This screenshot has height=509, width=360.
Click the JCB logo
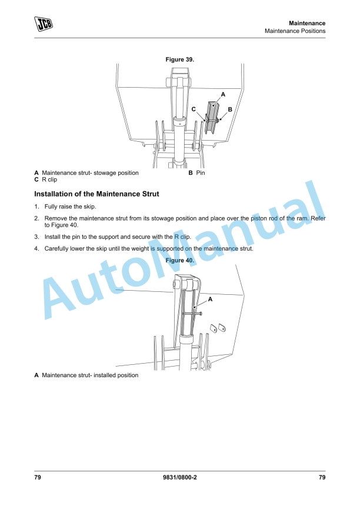coord(44,24)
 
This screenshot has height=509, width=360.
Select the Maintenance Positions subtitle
coord(295,31)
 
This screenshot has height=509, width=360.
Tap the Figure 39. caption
coord(180,59)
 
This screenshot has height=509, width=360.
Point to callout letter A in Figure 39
coord(223,94)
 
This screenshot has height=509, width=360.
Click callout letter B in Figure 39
coord(230,109)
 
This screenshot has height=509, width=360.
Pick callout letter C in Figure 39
coord(194,109)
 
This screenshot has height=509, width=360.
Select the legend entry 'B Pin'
coord(196,173)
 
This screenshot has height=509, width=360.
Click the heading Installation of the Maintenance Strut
coord(96,194)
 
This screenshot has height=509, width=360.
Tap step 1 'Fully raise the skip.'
coord(70,207)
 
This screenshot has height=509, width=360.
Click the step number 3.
coord(36,236)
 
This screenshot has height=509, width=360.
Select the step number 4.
coord(36,248)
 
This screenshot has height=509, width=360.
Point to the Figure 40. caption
coord(180,260)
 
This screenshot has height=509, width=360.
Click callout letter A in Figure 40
coord(210,300)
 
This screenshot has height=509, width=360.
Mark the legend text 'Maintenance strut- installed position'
coord(90,375)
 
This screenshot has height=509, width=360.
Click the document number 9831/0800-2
coord(179,477)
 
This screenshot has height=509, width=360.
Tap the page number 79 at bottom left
coord(38,477)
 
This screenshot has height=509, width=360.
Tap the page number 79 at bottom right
coord(322,477)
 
